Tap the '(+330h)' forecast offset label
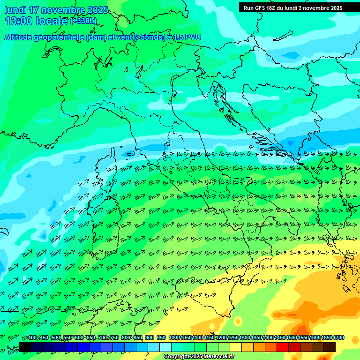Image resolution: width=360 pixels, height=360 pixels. (83, 21)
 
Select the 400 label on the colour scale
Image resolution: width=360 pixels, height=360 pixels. (32, 338)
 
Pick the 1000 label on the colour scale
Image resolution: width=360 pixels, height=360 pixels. (174, 338)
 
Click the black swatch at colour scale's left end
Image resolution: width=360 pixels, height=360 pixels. (25, 347)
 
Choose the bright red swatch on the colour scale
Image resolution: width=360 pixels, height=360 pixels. (283, 347)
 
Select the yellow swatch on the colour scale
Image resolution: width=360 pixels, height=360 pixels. (236, 347)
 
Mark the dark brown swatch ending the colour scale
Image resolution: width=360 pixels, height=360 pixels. (330, 347)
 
